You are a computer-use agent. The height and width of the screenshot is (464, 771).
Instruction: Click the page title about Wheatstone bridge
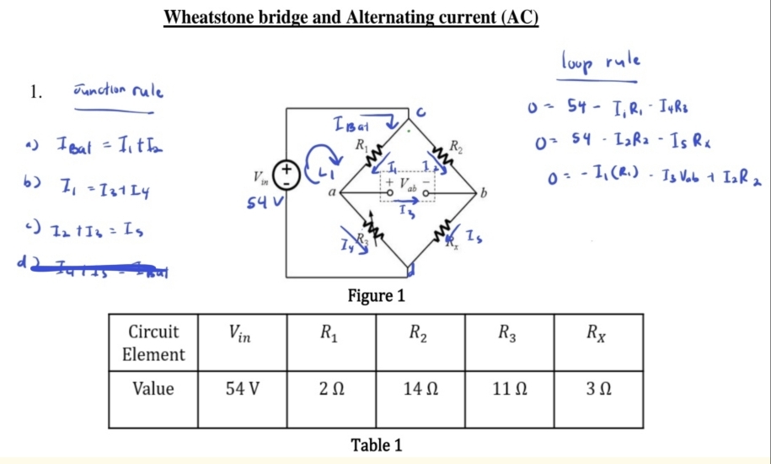point(351,17)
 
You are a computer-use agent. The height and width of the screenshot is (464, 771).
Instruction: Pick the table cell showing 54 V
point(242,389)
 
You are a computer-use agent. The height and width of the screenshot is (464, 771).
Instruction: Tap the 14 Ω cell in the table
point(420,389)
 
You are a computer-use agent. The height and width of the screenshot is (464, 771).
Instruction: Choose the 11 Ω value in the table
point(509,389)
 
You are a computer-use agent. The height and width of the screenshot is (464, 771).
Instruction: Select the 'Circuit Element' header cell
point(153,342)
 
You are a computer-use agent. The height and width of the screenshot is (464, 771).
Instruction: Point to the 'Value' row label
point(153,389)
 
